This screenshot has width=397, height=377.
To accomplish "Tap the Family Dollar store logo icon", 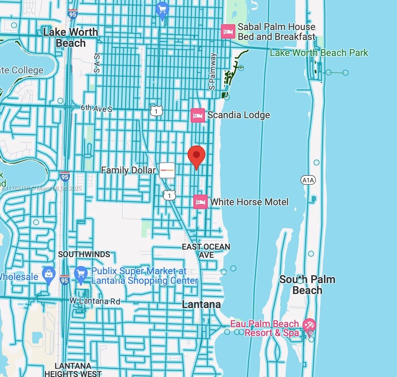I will pyautogui.click(x=167, y=170).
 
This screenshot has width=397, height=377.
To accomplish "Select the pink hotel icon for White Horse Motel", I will pyautogui.click(x=200, y=202).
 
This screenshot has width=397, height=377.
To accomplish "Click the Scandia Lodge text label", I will pyautogui.click(x=238, y=115).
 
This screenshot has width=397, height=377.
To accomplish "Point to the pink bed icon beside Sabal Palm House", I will pyautogui.click(x=228, y=32).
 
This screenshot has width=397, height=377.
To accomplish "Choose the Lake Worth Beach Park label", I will pyautogui.click(x=319, y=53).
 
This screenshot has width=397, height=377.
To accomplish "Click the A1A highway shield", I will pyautogui.click(x=308, y=180).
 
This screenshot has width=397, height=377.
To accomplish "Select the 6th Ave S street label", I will pyautogui.click(x=97, y=109).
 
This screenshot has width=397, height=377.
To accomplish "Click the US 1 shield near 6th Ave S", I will pyautogui.click(x=156, y=111).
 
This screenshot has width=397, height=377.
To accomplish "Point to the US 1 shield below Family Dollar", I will pyautogui.click(x=169, y=195).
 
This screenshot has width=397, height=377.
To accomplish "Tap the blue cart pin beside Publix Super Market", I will pyautogui.click(x=81, y=275).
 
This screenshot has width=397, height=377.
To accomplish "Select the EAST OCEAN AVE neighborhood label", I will pyautogui.click(x=206, y=251).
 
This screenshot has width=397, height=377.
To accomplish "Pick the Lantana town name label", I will pyautogui.click(x=201, y=304).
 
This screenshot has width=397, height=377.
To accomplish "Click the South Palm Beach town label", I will pyautogui.click(x=307, y=285).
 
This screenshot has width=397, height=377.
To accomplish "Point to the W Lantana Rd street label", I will pyautogui.click(x=95, y=301).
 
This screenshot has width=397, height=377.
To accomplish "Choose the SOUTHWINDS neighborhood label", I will pyautogui.click(x=84, y=254).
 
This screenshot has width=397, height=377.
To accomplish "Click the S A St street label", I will pyautogui.click(x=97, y=63).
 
